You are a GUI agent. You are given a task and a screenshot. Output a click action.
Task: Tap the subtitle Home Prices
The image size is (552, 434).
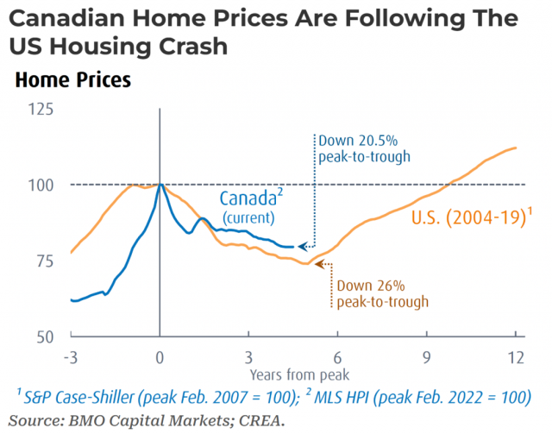[x=73, y=79]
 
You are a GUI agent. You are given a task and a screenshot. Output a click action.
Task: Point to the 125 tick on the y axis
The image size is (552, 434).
[x=41, y=110]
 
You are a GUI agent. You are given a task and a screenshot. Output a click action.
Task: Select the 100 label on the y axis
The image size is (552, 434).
[x=41, y=186]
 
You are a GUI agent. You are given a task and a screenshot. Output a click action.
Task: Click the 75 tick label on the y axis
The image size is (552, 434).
[x=45, y=261]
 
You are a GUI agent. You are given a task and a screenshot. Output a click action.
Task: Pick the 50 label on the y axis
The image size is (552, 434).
[x=45, y=337]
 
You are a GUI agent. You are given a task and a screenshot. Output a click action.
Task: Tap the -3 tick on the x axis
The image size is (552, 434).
[x=71, y=357]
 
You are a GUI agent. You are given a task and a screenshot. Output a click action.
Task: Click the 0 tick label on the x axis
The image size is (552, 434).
[x=160, y=357]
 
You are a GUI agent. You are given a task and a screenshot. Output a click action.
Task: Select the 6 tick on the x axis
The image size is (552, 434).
[x=337, y=357]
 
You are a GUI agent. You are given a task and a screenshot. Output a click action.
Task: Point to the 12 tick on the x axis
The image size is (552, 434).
[x=516, y=357]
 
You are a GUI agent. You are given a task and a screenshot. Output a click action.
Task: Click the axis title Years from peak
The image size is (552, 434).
[x=299, y=375]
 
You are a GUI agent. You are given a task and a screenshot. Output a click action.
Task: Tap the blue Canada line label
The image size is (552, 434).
[x=251, y=198]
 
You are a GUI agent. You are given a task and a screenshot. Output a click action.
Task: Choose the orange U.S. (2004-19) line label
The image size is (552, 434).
[x=472, y=217]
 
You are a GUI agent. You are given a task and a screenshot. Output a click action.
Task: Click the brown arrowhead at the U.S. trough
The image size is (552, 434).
[x=319, y=264]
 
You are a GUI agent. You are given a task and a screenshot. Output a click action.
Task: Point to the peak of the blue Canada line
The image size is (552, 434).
[x=160, y=184]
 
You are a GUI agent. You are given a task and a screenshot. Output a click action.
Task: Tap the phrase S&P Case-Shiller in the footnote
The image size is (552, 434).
[x=78, y=398]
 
